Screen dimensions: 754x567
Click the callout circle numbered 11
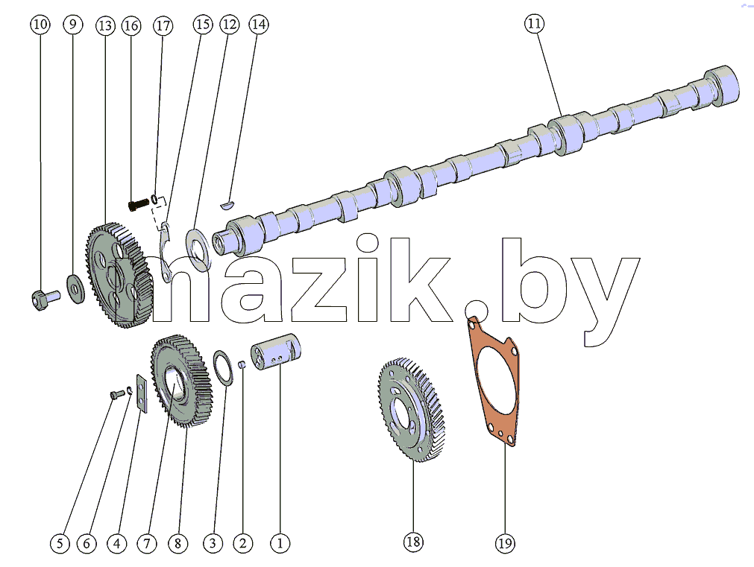point(534,24)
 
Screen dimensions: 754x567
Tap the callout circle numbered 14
point(258,24)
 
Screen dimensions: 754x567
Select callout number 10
point(40,24)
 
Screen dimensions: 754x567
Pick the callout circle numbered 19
point(504,543)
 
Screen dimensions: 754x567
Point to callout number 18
point(413,542)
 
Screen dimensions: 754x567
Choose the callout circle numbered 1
point(280,543)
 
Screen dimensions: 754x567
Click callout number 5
point(60,543)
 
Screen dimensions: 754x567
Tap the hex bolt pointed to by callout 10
point(44,300)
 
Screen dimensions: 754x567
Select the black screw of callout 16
point(139,204)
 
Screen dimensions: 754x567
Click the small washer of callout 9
point(75,289)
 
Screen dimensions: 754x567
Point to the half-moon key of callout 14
point(227,206)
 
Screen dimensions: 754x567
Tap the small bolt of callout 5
point(117,395)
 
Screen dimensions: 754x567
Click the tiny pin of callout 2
point(243,364)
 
